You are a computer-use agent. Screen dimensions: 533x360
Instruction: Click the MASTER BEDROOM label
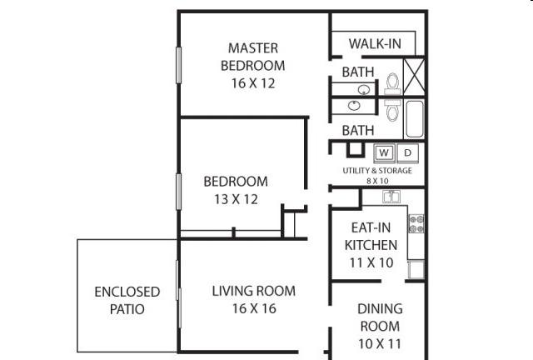pos(253,57)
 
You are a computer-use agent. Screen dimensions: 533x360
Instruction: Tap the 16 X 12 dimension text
pos(253,83)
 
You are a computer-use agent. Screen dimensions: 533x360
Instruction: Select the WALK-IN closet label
pos(375,44)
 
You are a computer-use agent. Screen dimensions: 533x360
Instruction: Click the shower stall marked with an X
pos(414,75)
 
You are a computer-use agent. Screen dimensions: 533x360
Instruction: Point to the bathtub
pos(414,119)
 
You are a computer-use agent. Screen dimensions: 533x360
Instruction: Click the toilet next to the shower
pos(392,83)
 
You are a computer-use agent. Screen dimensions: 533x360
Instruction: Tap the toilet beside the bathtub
pos(392,110)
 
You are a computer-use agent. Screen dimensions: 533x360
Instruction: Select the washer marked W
pos(384,153)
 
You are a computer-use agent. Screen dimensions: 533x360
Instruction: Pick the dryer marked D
pos(407,153)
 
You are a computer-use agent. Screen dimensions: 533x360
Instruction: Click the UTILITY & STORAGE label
pos(377,171)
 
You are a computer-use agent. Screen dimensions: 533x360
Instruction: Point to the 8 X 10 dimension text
pos(377,181)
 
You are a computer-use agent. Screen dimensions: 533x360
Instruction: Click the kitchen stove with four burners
pos(416,223)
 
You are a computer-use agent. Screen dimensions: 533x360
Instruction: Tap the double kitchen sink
pos(391,197)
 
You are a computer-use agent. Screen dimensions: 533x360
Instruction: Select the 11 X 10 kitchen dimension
pos(371,262)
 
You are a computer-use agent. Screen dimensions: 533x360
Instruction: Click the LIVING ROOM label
pos(254,292)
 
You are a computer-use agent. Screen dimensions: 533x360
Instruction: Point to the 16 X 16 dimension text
pos(254,308)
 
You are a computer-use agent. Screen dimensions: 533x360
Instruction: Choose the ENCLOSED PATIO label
pos(127,301)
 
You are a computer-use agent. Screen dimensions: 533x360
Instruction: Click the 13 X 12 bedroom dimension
pos(237,199)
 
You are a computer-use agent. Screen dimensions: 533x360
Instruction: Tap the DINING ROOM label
pos(380,317)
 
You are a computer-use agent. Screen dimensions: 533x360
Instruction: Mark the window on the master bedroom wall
pos(178,65)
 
